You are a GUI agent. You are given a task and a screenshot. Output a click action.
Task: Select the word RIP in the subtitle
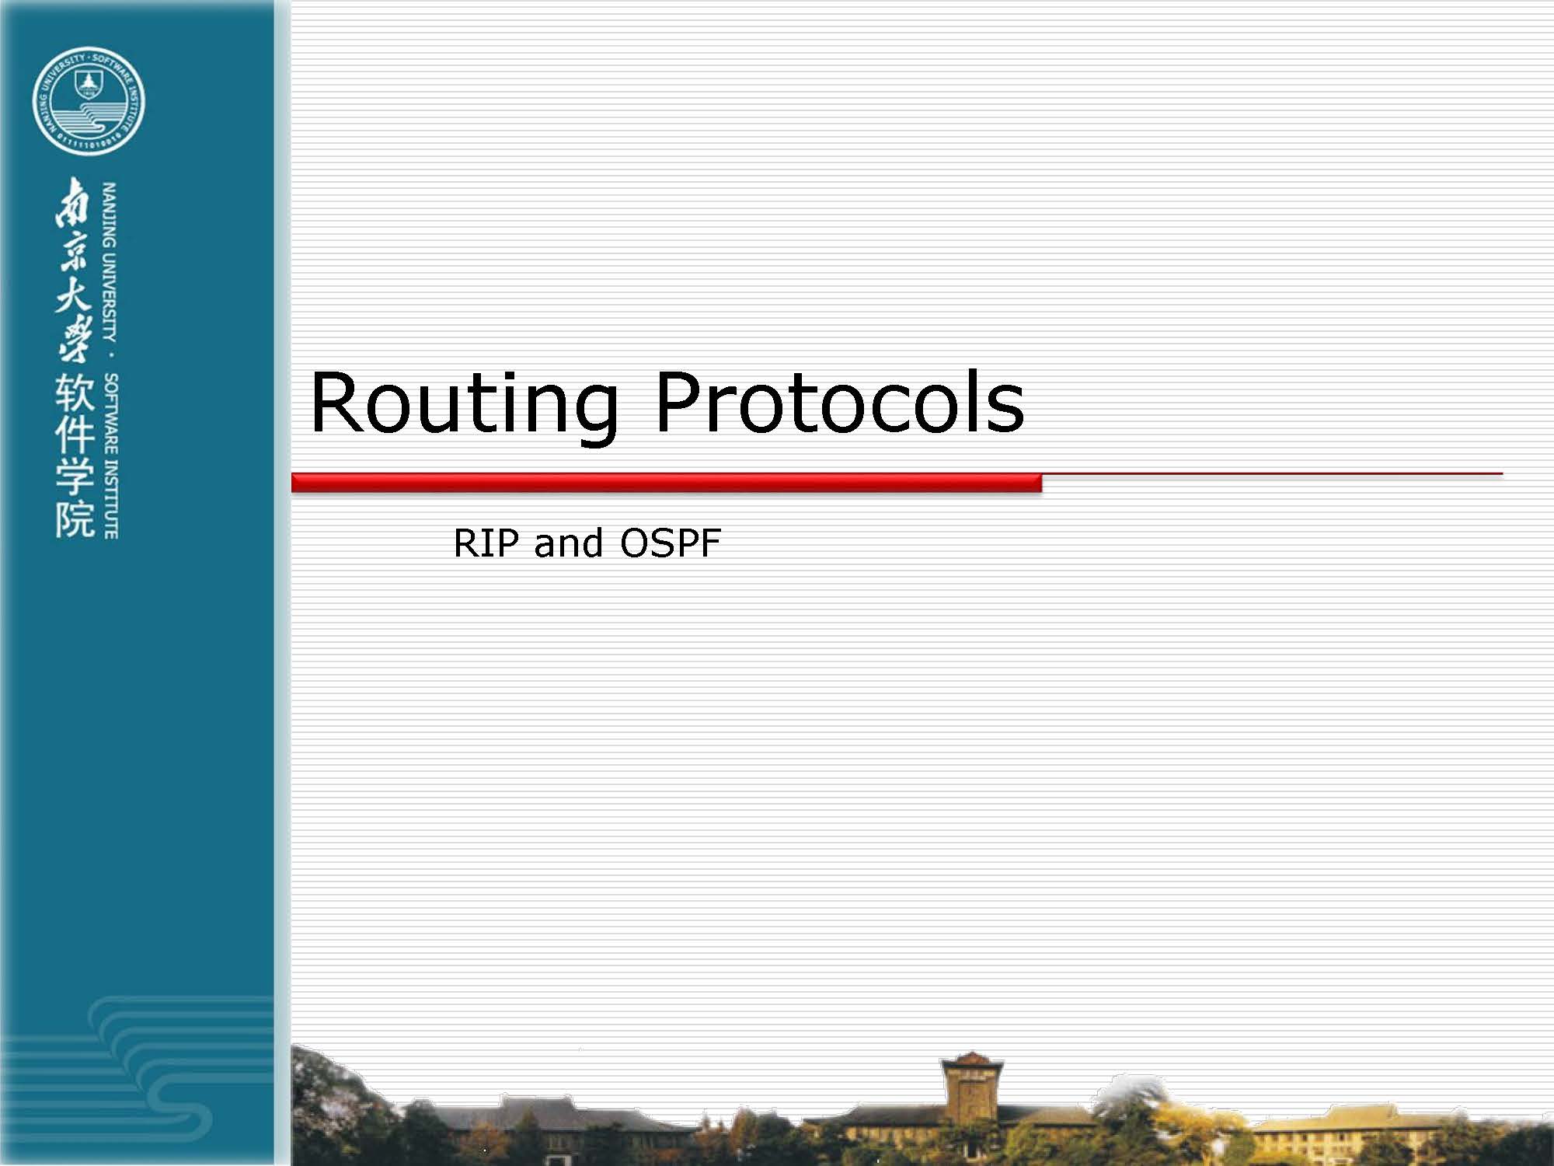[486, 543]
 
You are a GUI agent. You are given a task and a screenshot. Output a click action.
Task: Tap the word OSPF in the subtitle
[670, 543]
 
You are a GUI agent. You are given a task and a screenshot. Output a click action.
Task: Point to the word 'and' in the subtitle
[569, 543]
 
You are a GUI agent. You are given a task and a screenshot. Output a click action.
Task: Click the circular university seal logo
[89, 100]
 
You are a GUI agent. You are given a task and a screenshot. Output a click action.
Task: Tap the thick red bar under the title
[666, 483]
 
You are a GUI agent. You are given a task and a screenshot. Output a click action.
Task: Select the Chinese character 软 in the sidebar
[75, 393]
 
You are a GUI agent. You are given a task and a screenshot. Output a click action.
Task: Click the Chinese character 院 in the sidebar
[75, 518]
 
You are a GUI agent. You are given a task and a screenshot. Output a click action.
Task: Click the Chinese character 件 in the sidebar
[75, 435]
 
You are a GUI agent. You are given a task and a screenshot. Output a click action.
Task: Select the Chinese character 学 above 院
[75, 477]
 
